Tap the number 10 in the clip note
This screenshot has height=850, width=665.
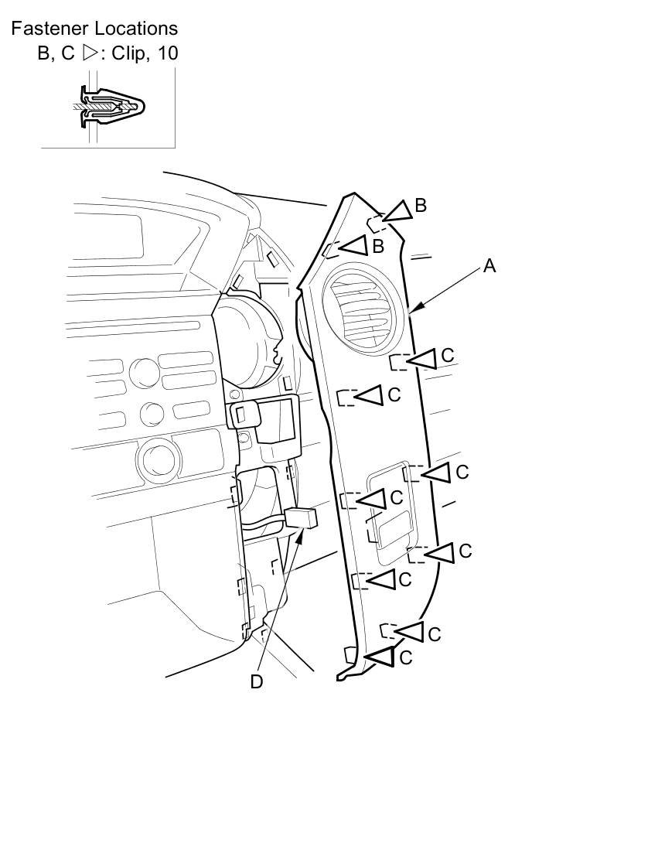(x=168, y=53)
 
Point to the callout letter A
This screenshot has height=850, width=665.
(x=489, y=266)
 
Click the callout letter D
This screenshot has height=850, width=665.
(x=257, y=681)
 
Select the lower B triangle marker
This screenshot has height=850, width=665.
(x=355, y=246)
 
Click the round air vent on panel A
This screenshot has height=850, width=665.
(x=363, y=309)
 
